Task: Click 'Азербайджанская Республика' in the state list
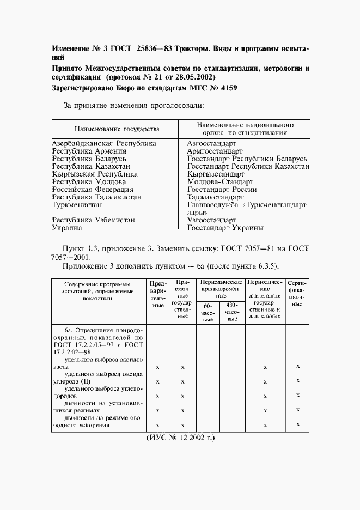point(104,143)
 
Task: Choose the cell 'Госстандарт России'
point(223,189)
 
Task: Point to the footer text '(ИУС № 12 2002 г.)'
point(180,438)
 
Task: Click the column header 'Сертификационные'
point(296,294)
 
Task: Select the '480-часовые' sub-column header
point(233,313)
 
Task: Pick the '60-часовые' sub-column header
point(208,313)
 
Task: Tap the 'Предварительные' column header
point(157,295)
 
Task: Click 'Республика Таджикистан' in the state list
point(97,197)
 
